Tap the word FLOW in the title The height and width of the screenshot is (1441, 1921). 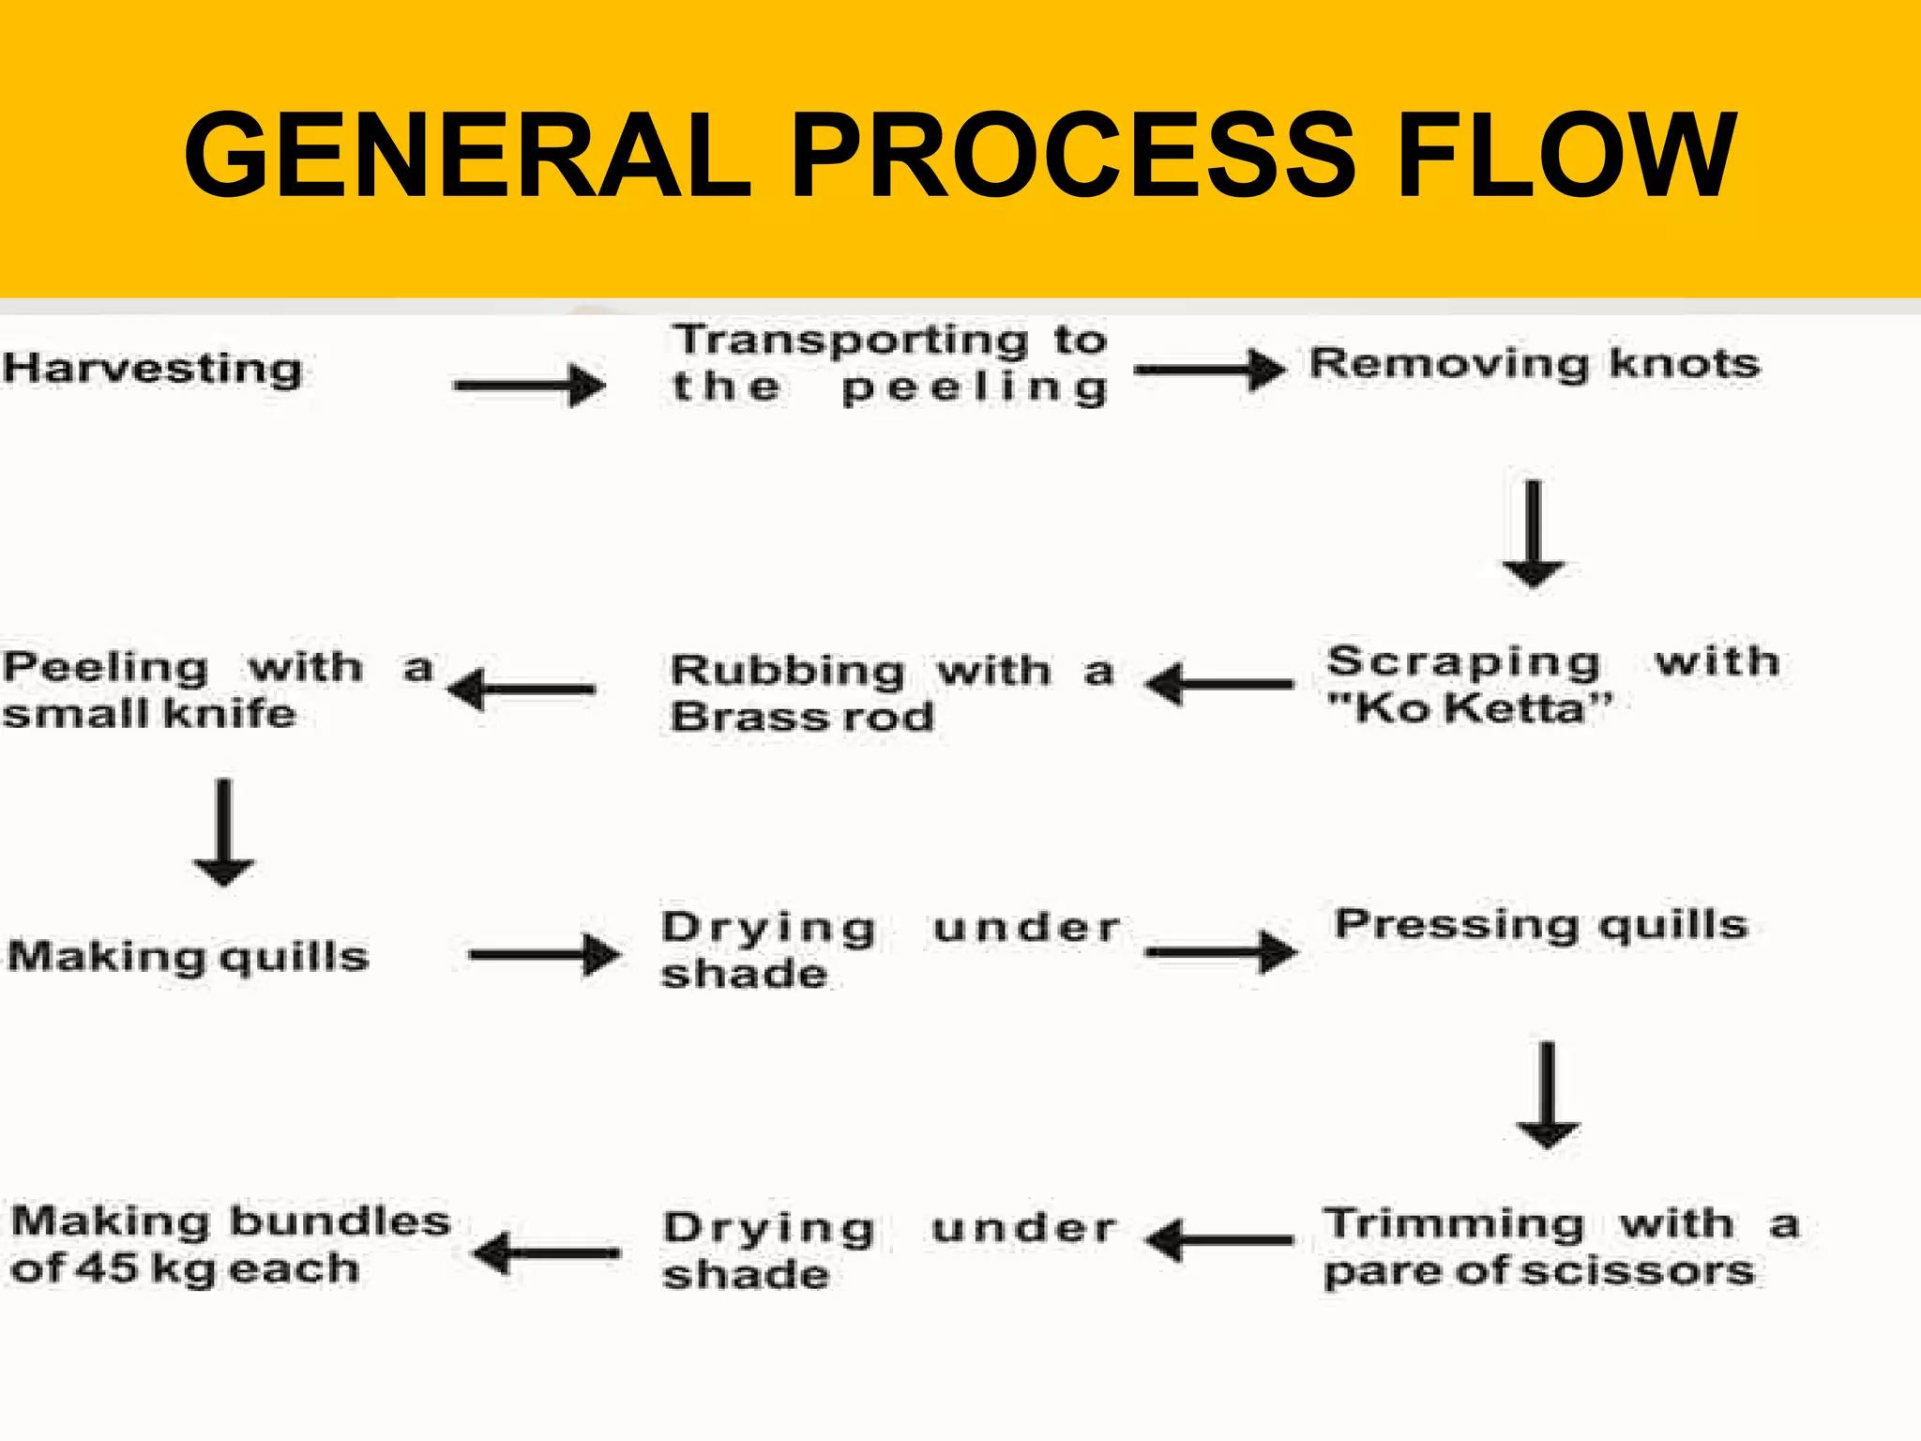tap(1566, 156)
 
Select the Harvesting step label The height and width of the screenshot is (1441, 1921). tap(152, 369)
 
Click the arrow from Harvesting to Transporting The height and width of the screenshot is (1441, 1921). tap(529, 385)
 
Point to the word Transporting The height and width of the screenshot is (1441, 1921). tap(851, 340)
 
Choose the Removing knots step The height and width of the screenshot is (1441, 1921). tap(1535, 364)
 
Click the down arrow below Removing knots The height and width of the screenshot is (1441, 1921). tap(1534, 534)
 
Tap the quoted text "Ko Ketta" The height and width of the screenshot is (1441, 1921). tap(1470, 708)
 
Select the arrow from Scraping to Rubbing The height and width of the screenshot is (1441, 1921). tap(1220, 684)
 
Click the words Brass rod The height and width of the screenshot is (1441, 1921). tap(803, 718)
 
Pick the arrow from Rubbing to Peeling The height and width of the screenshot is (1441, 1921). tap(522, 690)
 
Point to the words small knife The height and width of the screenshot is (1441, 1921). tap(149, 714)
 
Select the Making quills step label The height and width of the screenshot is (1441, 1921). tap(188, 957)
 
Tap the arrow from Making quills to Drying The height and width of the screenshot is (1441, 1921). tap(544, 955)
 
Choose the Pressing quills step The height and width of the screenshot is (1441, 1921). tap(1541, 925)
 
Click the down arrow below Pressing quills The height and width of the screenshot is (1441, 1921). tap(1548, 1095)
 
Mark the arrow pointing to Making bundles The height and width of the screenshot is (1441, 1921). tap(547, 1252)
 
